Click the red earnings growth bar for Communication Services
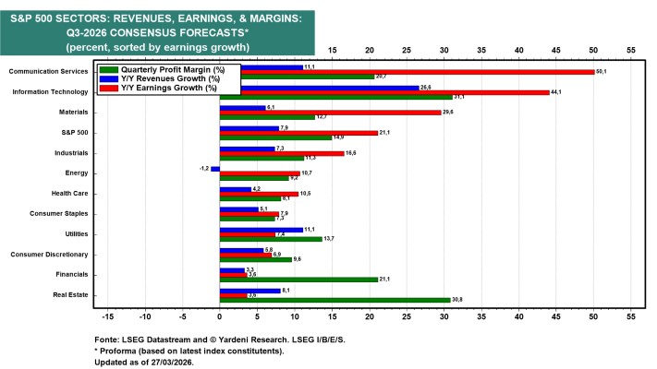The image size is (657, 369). pyautogui.click(x=407, y=72)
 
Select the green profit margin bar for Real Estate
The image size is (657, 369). pyautogui.click(x=335, y=300)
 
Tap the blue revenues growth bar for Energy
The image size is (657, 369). pyautogui.click(x=215, y=169)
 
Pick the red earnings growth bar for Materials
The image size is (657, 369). pyautogui.click(x=330, y=113)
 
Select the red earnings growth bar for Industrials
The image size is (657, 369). pyautogui.click(x=282, y=153)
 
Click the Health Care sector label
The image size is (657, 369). pyautogui.click(x=67, y=194)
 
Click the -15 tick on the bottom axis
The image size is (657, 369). pyautogui.click(x=107, y=316)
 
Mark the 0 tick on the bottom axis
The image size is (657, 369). pyautogui.click(x=220, y=316)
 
